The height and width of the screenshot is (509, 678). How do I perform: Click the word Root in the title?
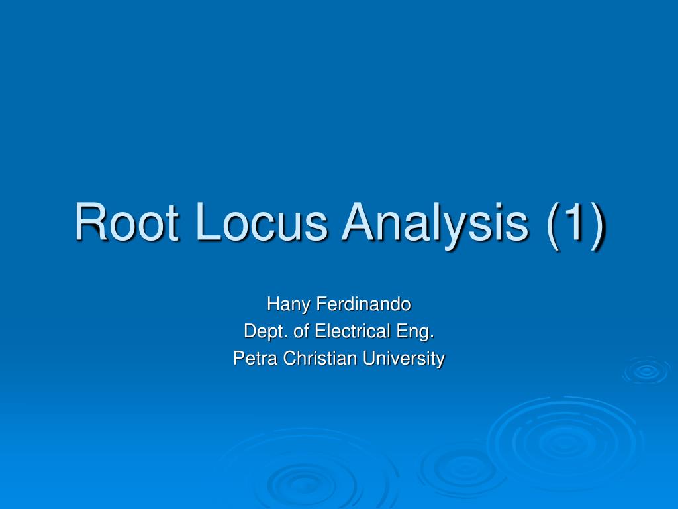[126, 222]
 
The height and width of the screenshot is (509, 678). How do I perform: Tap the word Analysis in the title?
[434, 223]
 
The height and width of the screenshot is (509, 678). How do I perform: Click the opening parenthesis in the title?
[555, 223]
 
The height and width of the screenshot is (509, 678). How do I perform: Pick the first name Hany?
[288, 305]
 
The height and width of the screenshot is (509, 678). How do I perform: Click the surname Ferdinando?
[363, 304]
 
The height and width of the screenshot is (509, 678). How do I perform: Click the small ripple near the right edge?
[646, 372]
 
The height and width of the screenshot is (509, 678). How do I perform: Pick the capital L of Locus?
[208, 222]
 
